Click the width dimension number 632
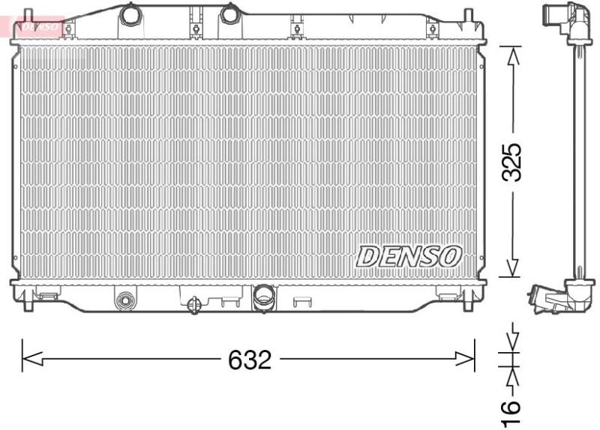pyautogui.click(x=250, y=360)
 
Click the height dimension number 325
pyautogui.click(x=512, y=162)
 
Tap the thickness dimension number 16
pyautogui.click(x=511, y=413)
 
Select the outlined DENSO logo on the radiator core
pyautogui.click(x=409, y=256)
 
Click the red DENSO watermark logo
pyautogui.click(x=38, y=26)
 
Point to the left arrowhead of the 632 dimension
pyautogui.click(x=32, y=360)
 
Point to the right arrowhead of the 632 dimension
pyautogui.click(x=464, y=360)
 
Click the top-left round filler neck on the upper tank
pyautogui.click(x=130, y=13)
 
